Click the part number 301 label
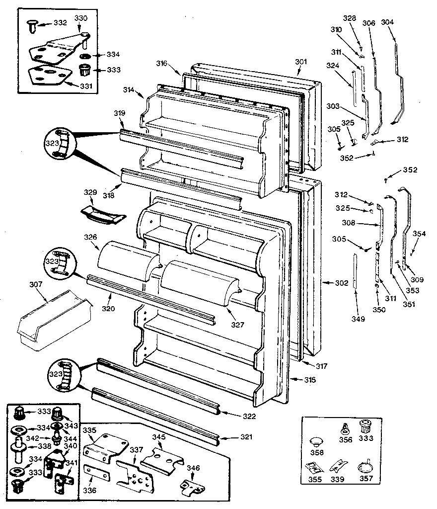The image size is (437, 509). (301, 62)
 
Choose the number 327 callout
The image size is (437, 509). (237, 325)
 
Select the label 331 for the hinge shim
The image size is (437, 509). (86, 85)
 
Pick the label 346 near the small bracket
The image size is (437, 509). (193, 468)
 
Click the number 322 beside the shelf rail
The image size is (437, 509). (249, 416)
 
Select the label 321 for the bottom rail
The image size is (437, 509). (246, 437)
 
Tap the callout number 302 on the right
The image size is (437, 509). (341, 283)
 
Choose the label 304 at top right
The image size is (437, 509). (387, 22)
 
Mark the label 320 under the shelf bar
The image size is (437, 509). (108, 309)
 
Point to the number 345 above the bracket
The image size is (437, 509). (158, 436)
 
